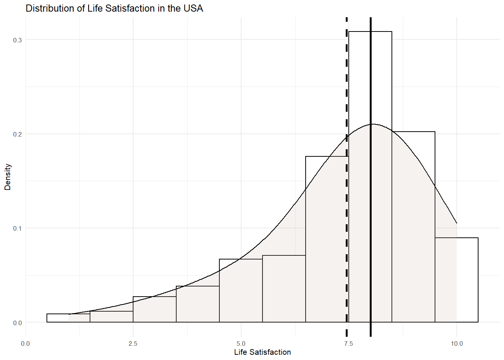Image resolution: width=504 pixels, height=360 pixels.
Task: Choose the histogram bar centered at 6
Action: point(284,288)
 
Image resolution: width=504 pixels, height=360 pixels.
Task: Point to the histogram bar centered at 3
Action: point(154,309)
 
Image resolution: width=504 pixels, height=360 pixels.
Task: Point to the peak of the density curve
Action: point(372,124)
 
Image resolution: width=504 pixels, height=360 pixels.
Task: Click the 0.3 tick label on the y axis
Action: point(17,40)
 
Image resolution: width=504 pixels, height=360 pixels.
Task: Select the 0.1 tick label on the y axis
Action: point(17,228)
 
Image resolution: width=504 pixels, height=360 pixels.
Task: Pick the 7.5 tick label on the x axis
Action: point(348,343)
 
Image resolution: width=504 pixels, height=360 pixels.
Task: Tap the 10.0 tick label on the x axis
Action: point(456,343)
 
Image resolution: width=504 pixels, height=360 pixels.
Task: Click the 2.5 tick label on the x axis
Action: point(133,343)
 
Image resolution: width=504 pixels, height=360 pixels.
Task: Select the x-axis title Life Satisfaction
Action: point(262,352)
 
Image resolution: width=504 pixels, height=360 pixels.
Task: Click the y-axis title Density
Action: point(8,177)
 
